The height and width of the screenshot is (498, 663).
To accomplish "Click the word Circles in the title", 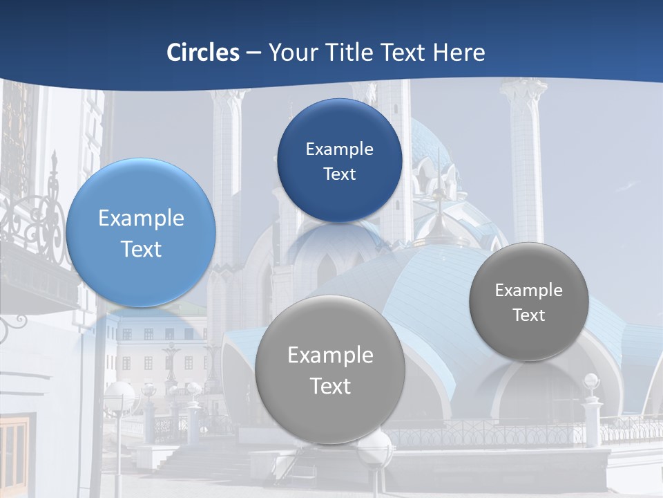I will pos(202,53).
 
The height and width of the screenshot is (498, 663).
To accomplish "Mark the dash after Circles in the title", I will pos(253,53).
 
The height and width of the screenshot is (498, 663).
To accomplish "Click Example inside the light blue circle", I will pos(141,219).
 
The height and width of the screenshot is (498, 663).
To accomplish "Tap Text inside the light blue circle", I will pos(141,249).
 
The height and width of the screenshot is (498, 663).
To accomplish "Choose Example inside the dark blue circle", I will pos(339,149).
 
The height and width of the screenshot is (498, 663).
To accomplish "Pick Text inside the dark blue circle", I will pos(339,174).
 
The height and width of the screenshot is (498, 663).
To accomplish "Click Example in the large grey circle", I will pos(330,356).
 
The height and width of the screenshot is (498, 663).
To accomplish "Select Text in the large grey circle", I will pos(330,386).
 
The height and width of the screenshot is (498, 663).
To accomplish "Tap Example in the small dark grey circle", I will pos(528,290).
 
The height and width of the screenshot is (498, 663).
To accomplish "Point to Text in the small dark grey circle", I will pos(528,315).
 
